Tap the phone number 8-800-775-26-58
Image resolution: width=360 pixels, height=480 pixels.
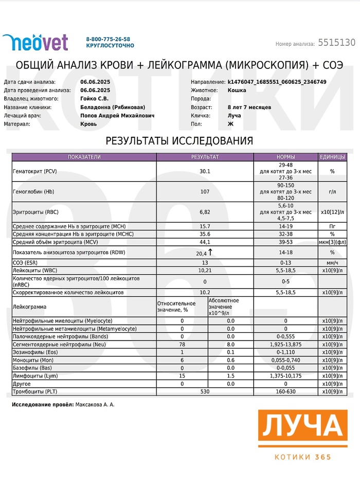(108, 39)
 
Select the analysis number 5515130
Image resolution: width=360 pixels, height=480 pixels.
(336, 43)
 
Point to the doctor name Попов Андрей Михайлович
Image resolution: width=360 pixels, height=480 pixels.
(117, 115)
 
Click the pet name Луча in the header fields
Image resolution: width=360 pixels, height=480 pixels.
(234, 115)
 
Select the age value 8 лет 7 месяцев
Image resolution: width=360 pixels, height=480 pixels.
(249, 107)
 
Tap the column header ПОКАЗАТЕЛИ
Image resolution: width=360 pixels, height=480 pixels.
(84, 157)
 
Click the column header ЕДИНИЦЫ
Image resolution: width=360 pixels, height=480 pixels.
(332, 157)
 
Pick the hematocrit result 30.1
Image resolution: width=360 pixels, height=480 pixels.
(205, 171)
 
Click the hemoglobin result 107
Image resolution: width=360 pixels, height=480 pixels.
(205, 191)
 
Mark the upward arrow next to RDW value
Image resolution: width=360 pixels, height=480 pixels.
(210, 252)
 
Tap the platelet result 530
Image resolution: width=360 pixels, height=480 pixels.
(205, 392)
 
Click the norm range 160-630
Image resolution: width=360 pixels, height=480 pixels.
(285, 392)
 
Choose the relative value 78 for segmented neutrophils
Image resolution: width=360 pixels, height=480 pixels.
(182, 344)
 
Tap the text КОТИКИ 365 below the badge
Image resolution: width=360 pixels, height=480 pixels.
(303, 457)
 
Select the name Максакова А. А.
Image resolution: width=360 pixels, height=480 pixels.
(95, 405)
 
